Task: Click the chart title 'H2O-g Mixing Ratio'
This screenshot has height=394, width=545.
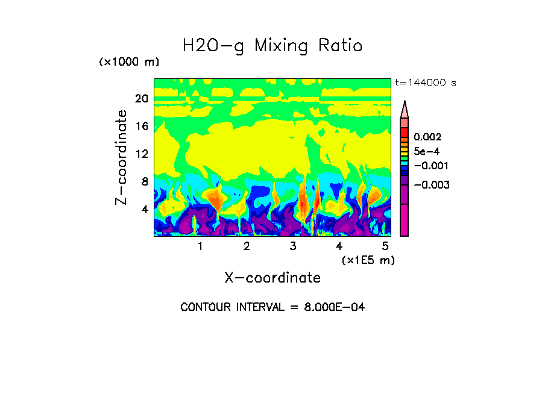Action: point(272,46)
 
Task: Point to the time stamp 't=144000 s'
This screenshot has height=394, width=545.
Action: point(425,83)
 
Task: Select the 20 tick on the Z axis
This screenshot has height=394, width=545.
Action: point(141,99)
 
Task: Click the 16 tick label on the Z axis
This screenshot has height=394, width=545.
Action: point(141,127)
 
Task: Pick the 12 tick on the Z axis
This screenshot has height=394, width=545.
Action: point(141,154)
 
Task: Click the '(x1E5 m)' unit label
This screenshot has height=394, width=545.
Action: point(368,260)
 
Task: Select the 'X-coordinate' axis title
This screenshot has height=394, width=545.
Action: point(272,278)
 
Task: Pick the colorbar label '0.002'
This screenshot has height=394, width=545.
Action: point(427,138)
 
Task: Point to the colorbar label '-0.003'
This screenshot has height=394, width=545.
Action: point(429,185)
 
